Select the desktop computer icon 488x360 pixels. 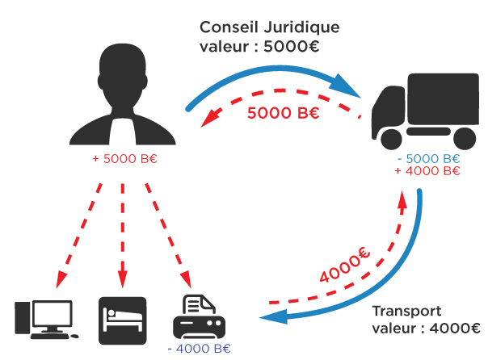pyautogui.click(x=44, y=318)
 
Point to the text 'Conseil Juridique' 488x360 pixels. pyautogui.click(x=269, y=27)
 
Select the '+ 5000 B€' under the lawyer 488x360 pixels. pyautogui.click(x=124, y=158)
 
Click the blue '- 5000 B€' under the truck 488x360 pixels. pyautogui.click(x=427, y=158)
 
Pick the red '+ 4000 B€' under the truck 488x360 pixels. pyautogui.click(x=427, y=171)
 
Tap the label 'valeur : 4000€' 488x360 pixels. pyautogui.click(x=426, y=329)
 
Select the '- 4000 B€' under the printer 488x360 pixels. pyautogui.click(x=199, y=349)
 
